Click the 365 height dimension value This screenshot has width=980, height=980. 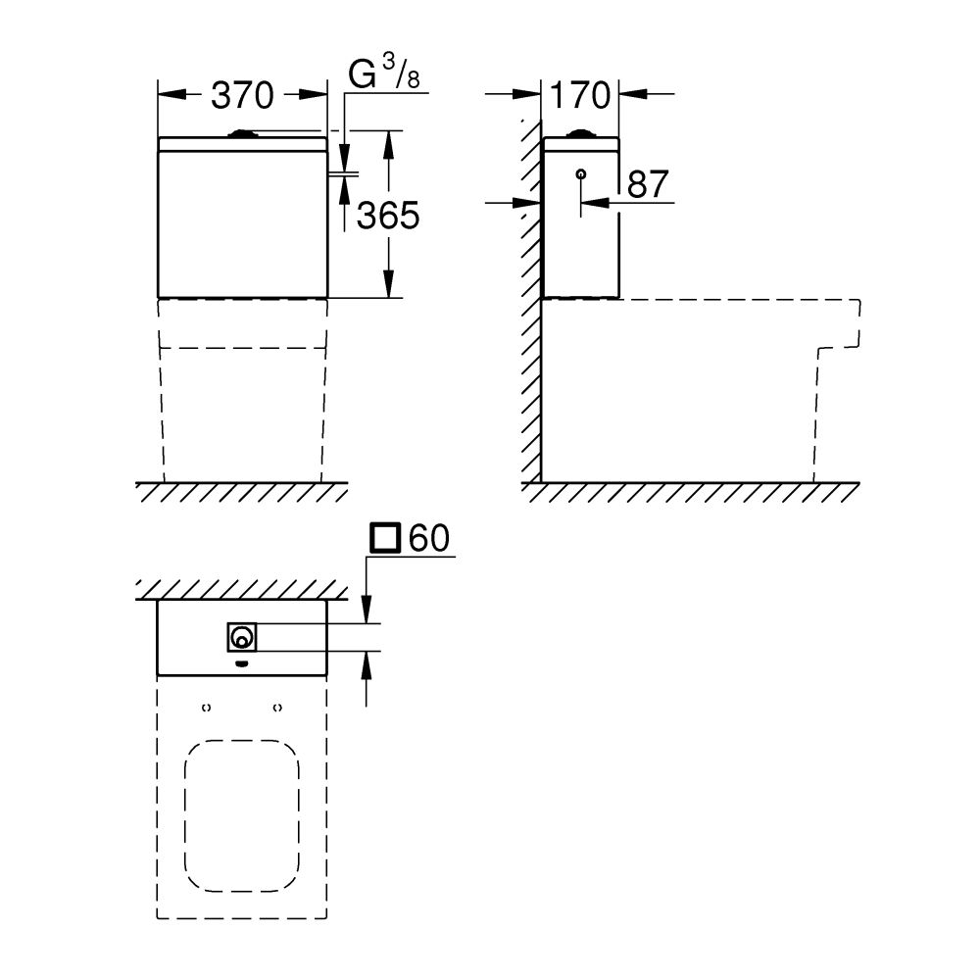coord(388,215)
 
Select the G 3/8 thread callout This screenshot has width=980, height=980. coord(384,76)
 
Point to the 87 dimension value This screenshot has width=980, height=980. coord(647,184)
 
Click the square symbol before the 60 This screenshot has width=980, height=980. coord(385,538)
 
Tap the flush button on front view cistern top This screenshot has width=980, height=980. coord(242,132)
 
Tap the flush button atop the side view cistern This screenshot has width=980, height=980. coord(581,133)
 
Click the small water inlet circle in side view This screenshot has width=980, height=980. coord(581,174)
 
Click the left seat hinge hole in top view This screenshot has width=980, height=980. coord(207,707)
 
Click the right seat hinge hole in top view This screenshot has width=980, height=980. coord(277,707)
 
